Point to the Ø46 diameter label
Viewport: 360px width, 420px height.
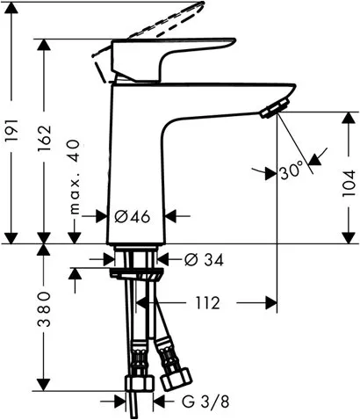[x=132, y=214]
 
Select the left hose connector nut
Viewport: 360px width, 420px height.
[x=137, y=385]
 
